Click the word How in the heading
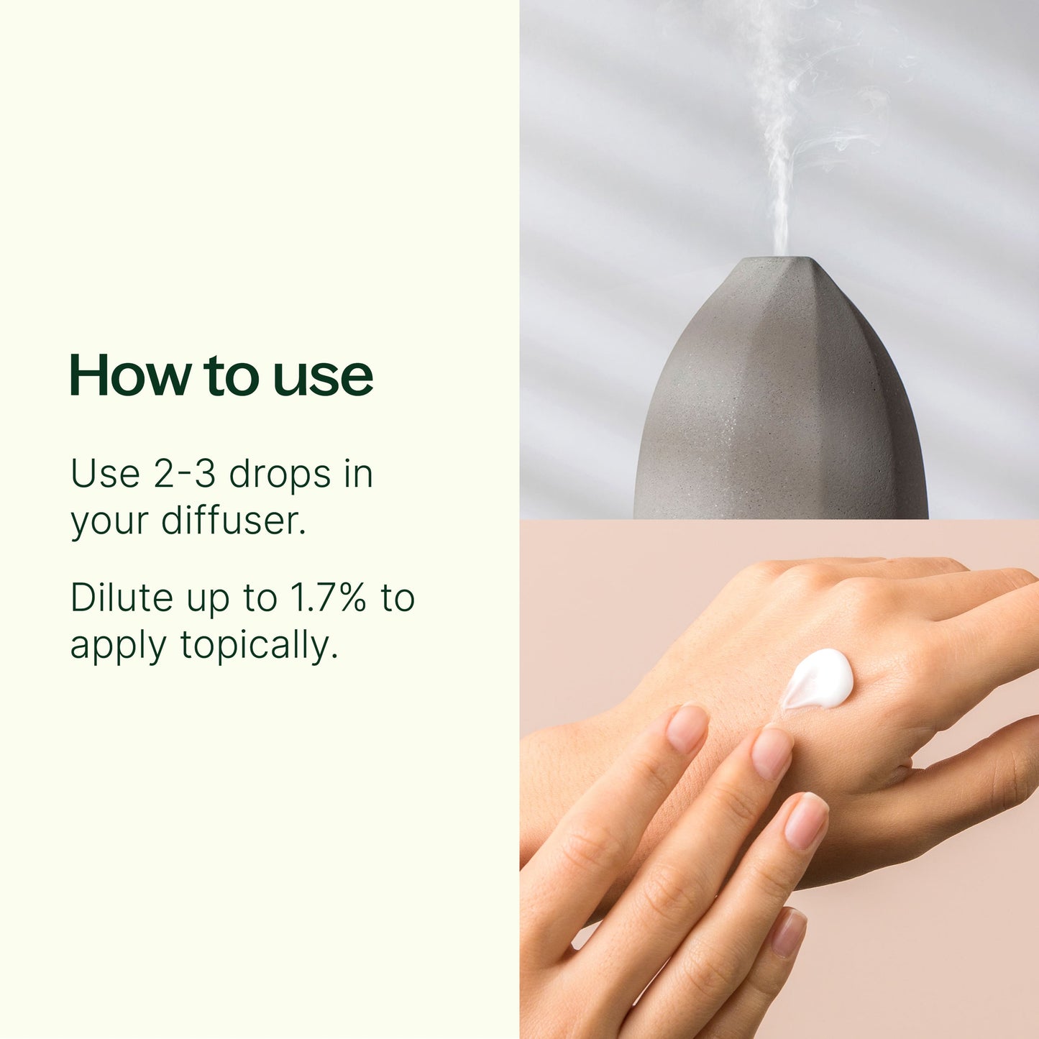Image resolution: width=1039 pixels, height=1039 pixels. tap(130, 375)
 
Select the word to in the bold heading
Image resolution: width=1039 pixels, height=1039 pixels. tap(231, 376)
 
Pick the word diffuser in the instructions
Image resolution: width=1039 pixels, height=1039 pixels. tap(233, 521)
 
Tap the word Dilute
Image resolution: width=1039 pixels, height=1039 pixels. tap(122, 598)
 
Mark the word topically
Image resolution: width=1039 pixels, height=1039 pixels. tap(259, 646)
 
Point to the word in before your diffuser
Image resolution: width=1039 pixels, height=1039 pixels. tap(359, 474)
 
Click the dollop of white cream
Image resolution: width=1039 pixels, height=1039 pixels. tap(819, 679)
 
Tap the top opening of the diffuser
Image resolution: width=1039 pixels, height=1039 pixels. tap(779, 260)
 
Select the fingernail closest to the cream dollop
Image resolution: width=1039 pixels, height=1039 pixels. tap(772, 754)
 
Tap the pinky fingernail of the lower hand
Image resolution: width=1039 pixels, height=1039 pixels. tap(789, 932)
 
